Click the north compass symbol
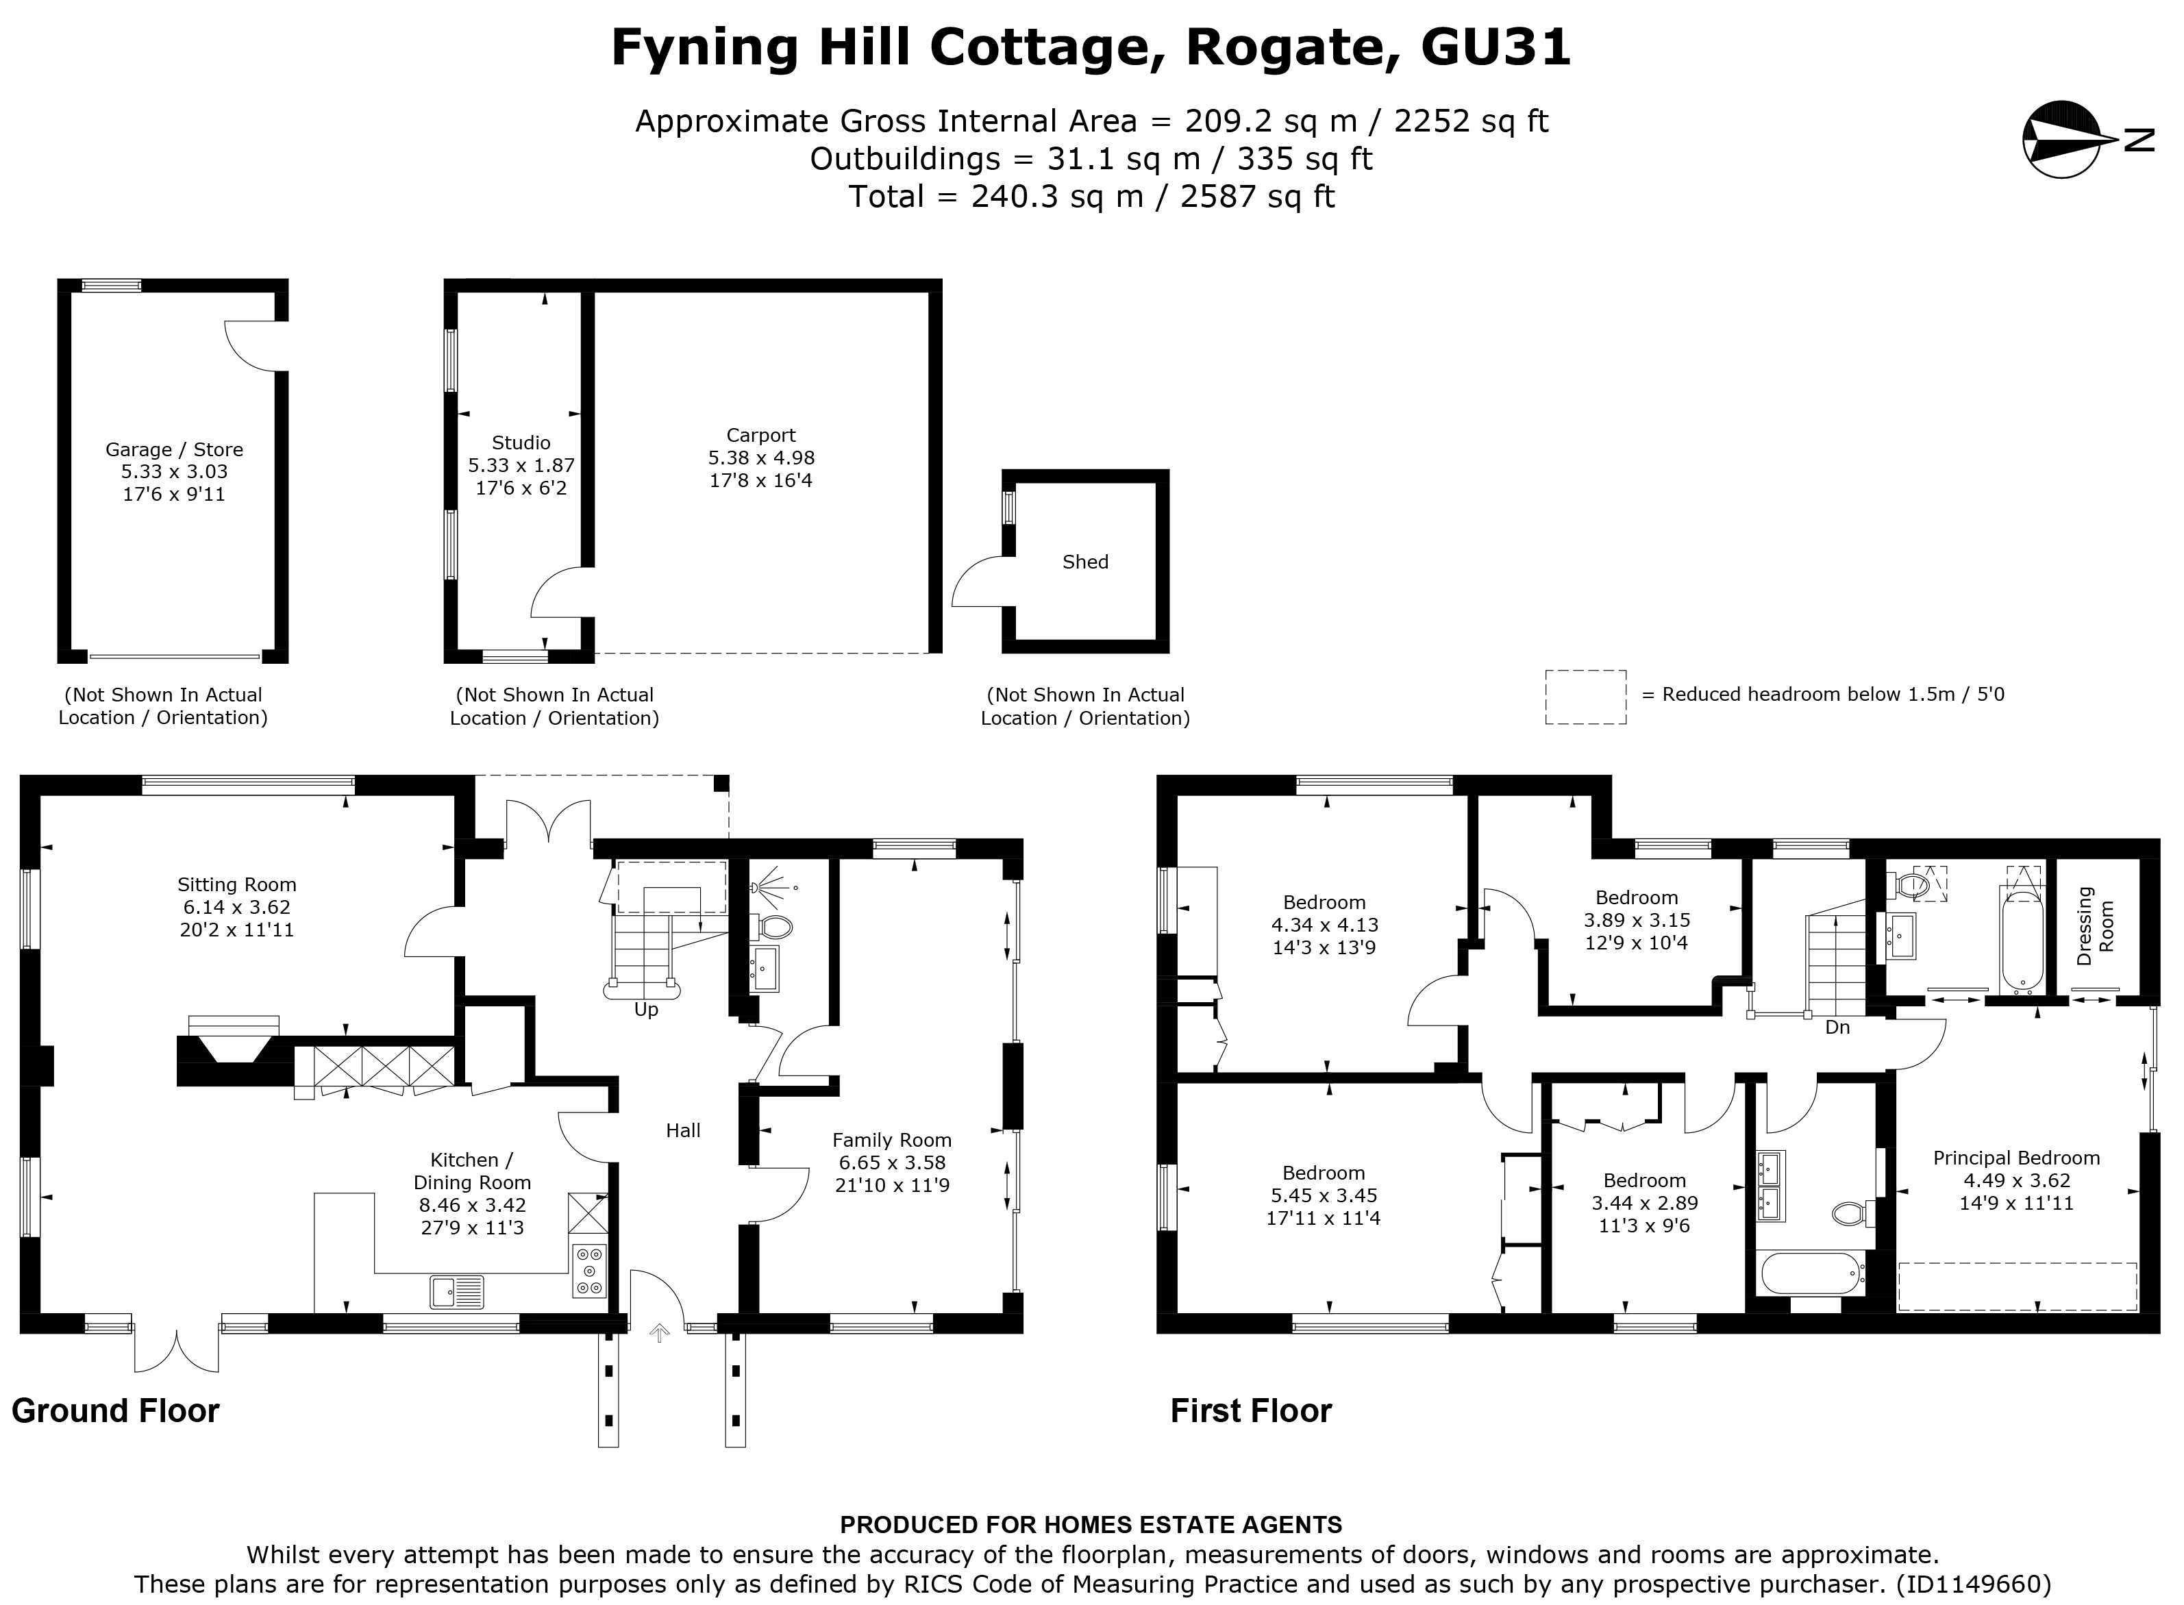[x=2059, y=140]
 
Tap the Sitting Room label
[x=236, y=885]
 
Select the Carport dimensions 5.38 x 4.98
[x=760, y=458]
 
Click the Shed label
[x=1085, y=562]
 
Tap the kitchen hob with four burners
[x=588, y=1271]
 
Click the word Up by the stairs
[x=646, y=1010]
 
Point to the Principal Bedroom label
[x=2016, y=1158]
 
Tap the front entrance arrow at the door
[x=660, y=1333]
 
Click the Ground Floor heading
[x=116, y=1410]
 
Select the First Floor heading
[x=1250, y=1410]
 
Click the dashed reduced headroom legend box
[x=1585, y=697]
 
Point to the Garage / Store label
[x=174, y=450]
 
